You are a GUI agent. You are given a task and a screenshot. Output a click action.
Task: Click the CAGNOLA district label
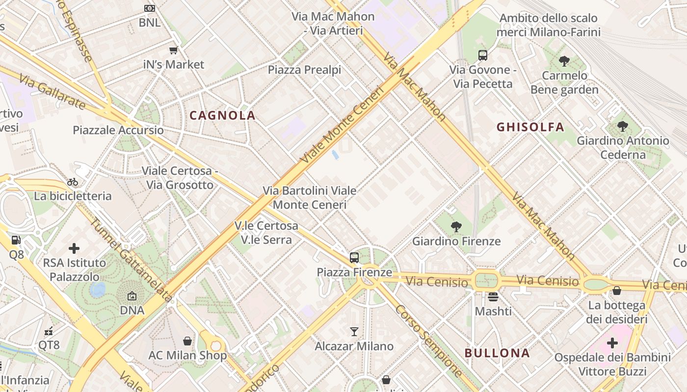pos(222,116)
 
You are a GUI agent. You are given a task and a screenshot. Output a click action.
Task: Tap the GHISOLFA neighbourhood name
pos(530,127)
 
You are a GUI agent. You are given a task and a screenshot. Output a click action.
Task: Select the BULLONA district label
pos(497,353)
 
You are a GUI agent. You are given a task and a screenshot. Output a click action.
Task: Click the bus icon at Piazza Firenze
pos(354,257)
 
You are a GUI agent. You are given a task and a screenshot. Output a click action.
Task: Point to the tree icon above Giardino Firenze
pos(456,226)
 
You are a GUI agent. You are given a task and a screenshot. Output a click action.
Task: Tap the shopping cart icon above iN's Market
pos(173,50)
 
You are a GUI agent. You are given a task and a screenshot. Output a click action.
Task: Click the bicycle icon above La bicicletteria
pos(73,182)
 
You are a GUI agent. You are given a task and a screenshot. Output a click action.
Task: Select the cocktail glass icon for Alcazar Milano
pos(354,332)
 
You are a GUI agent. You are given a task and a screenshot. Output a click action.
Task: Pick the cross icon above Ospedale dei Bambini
pos(612,343)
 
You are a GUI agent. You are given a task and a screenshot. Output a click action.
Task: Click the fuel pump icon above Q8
pos(16,240)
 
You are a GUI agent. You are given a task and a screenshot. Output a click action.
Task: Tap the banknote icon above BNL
pos(150,8)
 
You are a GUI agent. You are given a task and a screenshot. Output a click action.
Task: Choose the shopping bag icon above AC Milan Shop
pos(187,341)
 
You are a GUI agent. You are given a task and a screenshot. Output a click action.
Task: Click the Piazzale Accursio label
pos(118,130)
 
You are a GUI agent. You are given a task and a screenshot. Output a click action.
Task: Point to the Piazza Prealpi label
pos(304,70)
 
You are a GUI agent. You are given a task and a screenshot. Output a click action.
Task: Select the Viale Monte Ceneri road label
pos(341,125)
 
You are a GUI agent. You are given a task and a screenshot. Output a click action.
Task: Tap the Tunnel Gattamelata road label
pos(131,260)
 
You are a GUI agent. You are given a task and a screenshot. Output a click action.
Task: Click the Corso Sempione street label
pos(428,341)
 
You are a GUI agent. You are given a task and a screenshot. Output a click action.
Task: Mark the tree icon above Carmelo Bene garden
pos(564,61)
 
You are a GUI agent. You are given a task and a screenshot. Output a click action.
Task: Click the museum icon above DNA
pos(132,296)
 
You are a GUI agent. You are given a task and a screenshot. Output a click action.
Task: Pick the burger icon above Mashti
pos(493,296)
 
